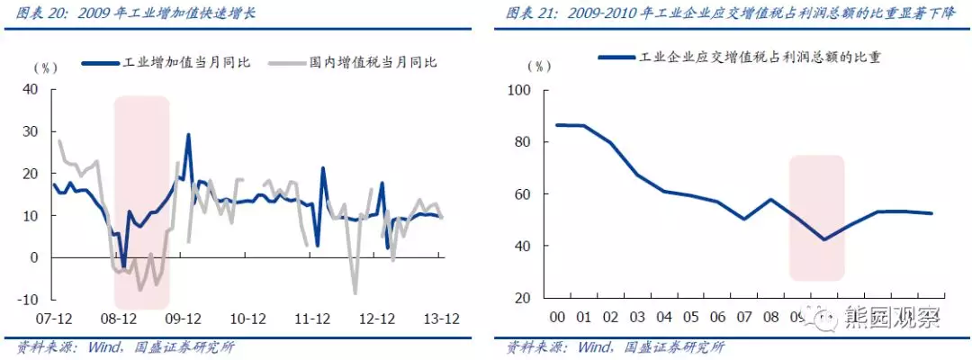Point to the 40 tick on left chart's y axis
(x=32, y=89)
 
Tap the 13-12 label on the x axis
(x=442, y=319)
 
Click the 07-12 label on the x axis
(x=53, y=319)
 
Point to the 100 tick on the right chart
(x=519, y=91)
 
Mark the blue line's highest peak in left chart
(x=188, y=135)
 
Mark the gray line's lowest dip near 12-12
(x=355, y=292)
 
